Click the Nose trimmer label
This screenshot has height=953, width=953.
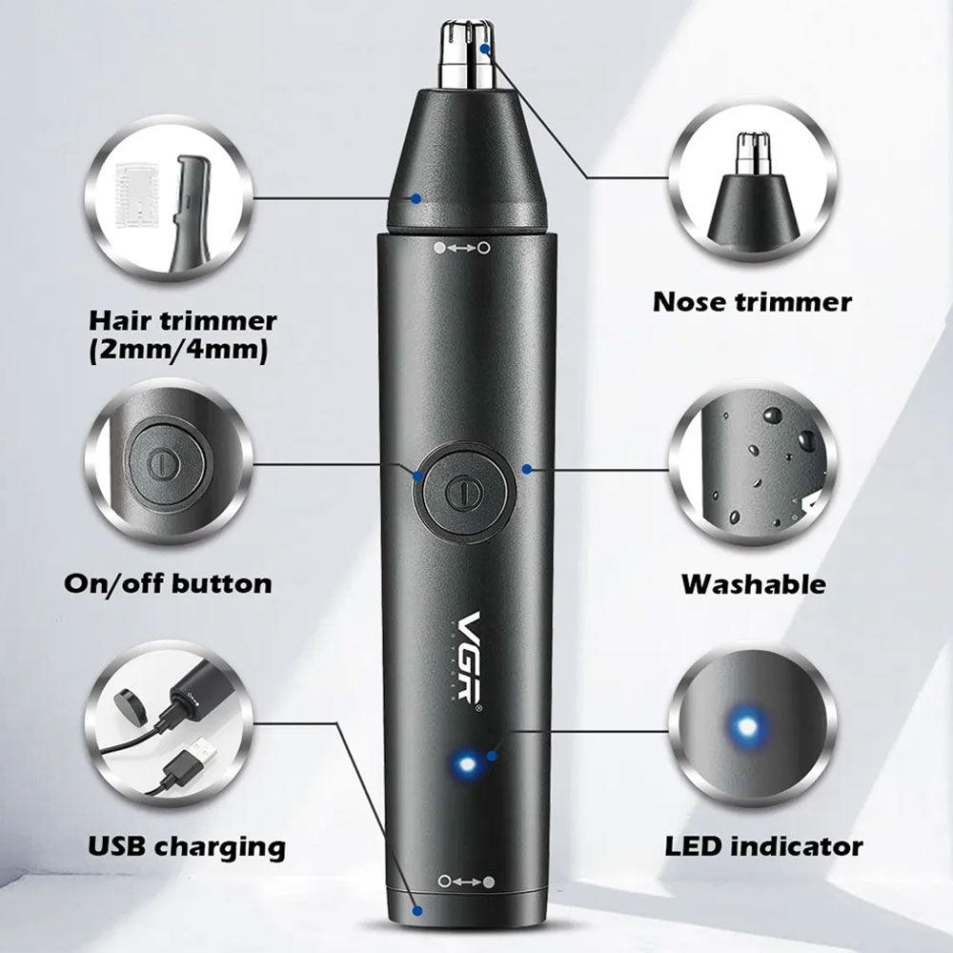tap(752, 302)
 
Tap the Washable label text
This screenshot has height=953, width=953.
tap(754, 584)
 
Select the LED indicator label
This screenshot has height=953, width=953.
tap(763, 846)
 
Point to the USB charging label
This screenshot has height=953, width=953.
tap(187, 846)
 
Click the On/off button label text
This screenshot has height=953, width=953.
tap(168, 584)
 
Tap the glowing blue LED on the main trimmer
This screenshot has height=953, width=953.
tap(466, 762)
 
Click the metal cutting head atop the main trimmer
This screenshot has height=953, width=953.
tap(469, 54)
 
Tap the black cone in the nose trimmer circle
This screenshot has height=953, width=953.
tap(753, 207)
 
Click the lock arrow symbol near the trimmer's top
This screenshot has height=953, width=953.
tap(461, 248)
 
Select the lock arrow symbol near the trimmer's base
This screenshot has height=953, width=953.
tap(466, 882)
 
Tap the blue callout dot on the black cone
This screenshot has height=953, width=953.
tap(416, 198)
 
